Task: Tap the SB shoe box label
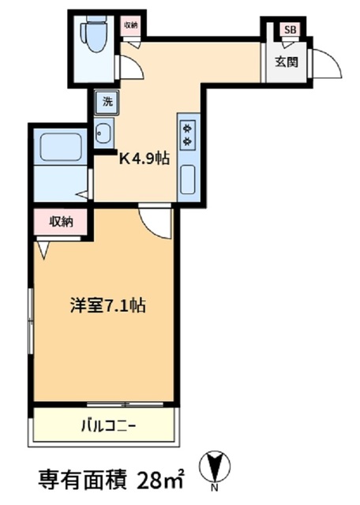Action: click(291, 31)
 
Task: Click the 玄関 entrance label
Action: click(287, 62)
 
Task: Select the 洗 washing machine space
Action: click(105, 101)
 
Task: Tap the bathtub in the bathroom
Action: click(62, 148)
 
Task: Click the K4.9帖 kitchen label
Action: click(144, 159)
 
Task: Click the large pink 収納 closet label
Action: click(60, 222)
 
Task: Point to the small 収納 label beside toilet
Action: click(129, 25)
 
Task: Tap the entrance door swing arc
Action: click(327, 63)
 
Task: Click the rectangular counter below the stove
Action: click(189, 178)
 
